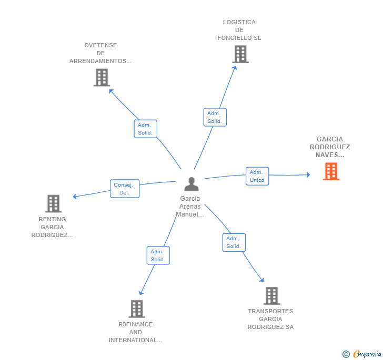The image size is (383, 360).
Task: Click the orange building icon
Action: pos(331,171)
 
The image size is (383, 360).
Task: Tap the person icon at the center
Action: pos(191,184)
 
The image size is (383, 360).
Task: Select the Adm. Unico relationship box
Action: pos(257,176)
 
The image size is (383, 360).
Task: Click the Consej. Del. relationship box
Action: pos(125,189)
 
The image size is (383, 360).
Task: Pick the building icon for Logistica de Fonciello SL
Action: pos(240,54)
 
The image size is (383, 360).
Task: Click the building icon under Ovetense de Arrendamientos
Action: pos(102,78)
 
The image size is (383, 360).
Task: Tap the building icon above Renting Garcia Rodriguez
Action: pos(53,203)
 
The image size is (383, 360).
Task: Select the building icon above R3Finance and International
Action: pos(137,308)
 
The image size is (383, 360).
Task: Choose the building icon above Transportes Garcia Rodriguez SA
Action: pos(271,296)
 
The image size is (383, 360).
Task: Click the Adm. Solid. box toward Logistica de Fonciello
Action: pos(215,117)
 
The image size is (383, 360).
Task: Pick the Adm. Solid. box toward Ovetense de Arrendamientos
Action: pos(145,129)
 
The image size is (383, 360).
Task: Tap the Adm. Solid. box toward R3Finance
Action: pos(158,255)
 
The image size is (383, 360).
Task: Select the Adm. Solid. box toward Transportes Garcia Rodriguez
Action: pos(234,242)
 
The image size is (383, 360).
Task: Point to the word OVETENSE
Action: pos(100,45)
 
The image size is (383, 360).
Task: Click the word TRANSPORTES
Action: pos(270,311)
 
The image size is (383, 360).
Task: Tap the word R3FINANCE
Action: pos(136,324)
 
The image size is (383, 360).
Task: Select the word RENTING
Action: pos(52,219)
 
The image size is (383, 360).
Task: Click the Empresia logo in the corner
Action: pos(362,354)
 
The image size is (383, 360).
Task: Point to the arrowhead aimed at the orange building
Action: pos(308,174)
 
